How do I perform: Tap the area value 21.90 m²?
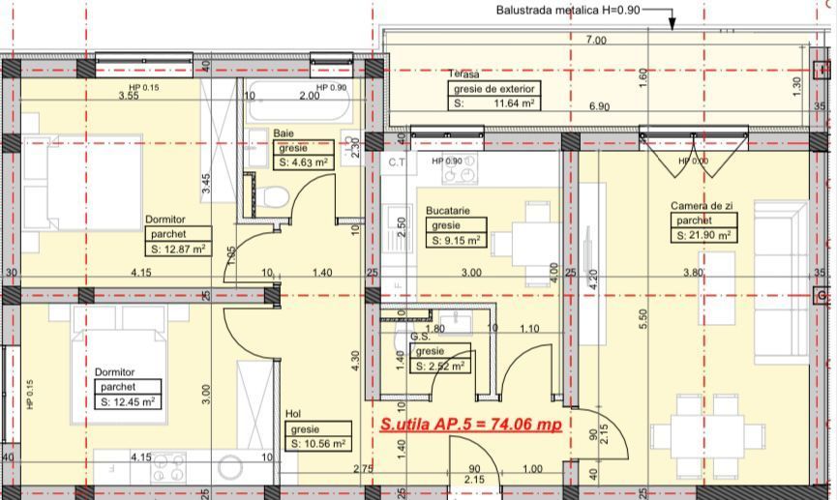click(703, 235)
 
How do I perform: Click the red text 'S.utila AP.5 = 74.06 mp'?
click(470, 424)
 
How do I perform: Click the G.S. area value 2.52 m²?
click(440, 367)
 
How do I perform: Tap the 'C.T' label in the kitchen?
click(397, 162)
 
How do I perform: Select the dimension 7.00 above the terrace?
click(596, 40)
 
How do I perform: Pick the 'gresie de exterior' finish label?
click(493, 88)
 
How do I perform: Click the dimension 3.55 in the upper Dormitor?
click(128, 96)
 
